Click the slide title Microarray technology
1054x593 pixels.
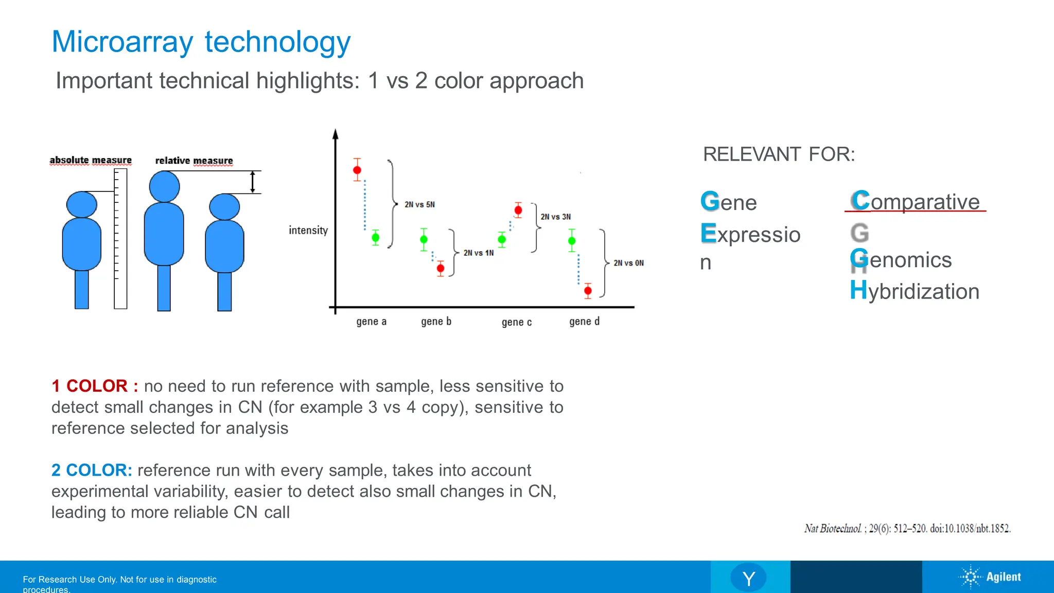coord(201,42)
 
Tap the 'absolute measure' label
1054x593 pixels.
coord(91,160)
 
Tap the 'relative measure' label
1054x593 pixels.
coord(194,161)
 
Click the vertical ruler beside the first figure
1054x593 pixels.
coord(120,239)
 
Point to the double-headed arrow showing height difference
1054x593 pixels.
coord(252,182)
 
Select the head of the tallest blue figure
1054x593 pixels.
coord(164,186)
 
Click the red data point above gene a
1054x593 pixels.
coord(357,170)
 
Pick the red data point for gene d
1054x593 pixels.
coord(588,291)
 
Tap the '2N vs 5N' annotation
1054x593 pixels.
coord(419,204)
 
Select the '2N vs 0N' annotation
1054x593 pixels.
coord(628,263)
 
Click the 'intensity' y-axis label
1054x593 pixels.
coord(308,230)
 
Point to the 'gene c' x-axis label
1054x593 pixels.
coord(516,322)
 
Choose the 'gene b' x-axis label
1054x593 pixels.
coord(436,322)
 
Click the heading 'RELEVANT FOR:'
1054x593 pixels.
coord(779,154)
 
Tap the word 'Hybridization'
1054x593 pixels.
coord(915,291)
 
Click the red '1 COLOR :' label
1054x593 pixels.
coord(95,386)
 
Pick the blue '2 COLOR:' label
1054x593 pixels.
coord(92,470)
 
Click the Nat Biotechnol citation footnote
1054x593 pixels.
coord(907,529)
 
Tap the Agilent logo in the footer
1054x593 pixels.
coord(990,577)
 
